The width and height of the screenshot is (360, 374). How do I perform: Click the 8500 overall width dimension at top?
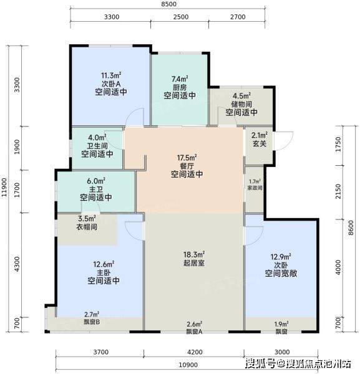click(x=168, y=4)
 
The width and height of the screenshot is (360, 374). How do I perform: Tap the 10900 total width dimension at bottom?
click(x=188, y=365)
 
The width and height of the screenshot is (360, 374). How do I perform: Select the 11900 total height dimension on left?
click(x=4, y=188)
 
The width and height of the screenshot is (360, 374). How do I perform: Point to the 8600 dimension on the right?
click(x=351, y=228)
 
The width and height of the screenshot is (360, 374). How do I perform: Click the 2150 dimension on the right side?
click(x=338, y=191)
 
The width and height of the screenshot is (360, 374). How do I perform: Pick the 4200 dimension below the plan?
click(x=195, y=352)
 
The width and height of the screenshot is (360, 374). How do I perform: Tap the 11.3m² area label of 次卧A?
click(x=111, y=75)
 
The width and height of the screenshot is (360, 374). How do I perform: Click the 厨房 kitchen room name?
click(x=180, y=87)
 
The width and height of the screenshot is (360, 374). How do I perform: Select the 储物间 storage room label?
click(x=241, y=104)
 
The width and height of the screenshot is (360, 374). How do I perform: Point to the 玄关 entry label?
click(x=260, y=143)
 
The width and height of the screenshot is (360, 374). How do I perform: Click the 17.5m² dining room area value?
click(x=187, y=158)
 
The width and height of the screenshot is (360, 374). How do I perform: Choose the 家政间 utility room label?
click(x=255, y=188)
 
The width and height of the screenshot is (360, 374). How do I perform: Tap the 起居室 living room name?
click(x=194, y=263)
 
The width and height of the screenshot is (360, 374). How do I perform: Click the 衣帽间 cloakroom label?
click(x=87, y=227)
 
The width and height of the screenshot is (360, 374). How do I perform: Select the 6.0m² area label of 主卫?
click(x=96, y=181)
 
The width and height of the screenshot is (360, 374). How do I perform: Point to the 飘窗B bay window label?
click(x=92, y=322)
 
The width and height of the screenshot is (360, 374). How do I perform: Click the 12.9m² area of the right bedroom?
click(x=281, y=257)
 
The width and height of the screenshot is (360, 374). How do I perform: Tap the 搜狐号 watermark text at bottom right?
click(x=261, y=364)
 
